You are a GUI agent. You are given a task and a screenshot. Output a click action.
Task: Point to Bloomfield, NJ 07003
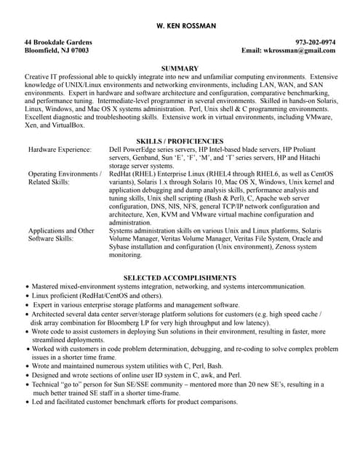[x=57, y=52]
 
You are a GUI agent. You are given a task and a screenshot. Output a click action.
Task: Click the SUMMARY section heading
[x=180, y=68]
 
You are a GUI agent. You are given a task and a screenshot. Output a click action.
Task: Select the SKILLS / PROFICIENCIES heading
[x=180, y=140]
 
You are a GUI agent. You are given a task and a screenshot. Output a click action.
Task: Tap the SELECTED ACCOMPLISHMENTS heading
[x=180, y=278]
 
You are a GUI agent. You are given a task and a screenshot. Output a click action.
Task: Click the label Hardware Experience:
[x=60, y=149]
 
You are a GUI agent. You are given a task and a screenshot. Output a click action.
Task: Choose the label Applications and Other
[x=61, y=230]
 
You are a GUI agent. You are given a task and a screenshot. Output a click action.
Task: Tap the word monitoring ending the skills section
[x=125, y=256]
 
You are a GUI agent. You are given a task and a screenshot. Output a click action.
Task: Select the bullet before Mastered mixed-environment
[x=27, y=288]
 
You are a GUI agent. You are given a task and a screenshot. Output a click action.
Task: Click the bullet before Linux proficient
[x=27, y=296]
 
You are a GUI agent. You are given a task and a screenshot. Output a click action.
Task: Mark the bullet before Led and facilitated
[x=27, y=403]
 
